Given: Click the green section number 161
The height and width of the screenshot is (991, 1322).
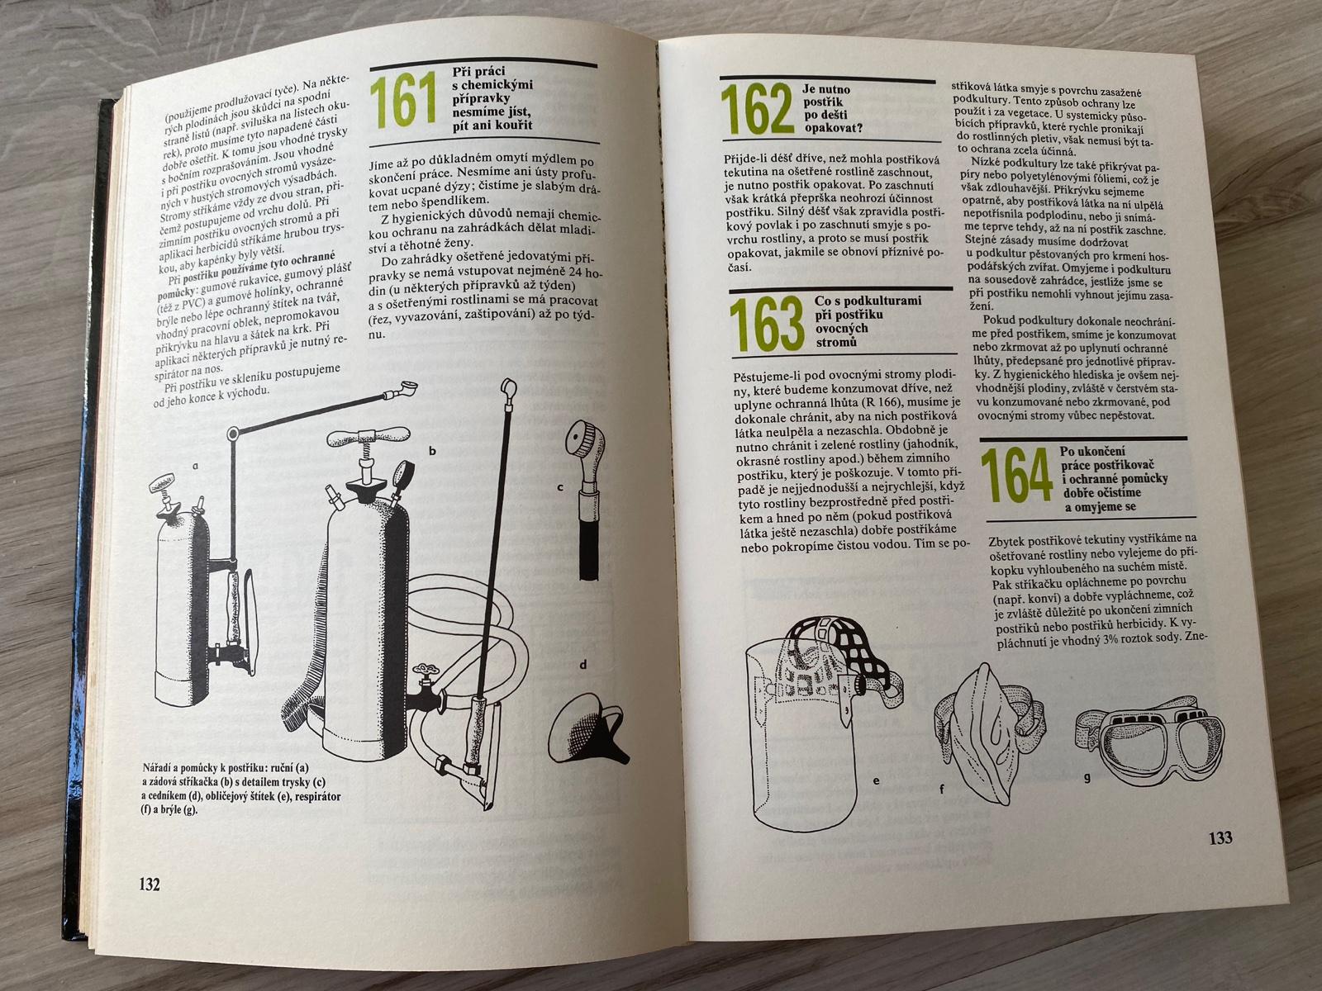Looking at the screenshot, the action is pos(403,101).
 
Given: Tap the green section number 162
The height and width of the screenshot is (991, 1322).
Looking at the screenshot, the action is pos(757,110).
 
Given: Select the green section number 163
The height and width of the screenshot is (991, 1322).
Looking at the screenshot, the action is pos(767,325).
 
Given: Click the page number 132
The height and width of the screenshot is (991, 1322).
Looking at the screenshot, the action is pos(150,884).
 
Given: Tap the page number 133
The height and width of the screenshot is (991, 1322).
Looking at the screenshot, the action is pos(1220,837).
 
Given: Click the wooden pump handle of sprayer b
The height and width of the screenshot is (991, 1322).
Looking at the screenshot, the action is pos(368,436).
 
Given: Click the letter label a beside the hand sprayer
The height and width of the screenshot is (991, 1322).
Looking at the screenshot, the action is pos(195,465).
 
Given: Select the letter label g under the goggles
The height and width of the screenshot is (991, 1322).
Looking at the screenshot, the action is pos(1087,777).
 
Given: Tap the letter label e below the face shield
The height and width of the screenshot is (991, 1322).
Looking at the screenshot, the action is pos(877,781).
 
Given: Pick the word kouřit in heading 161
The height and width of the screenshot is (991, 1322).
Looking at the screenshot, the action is pos(511,126).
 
